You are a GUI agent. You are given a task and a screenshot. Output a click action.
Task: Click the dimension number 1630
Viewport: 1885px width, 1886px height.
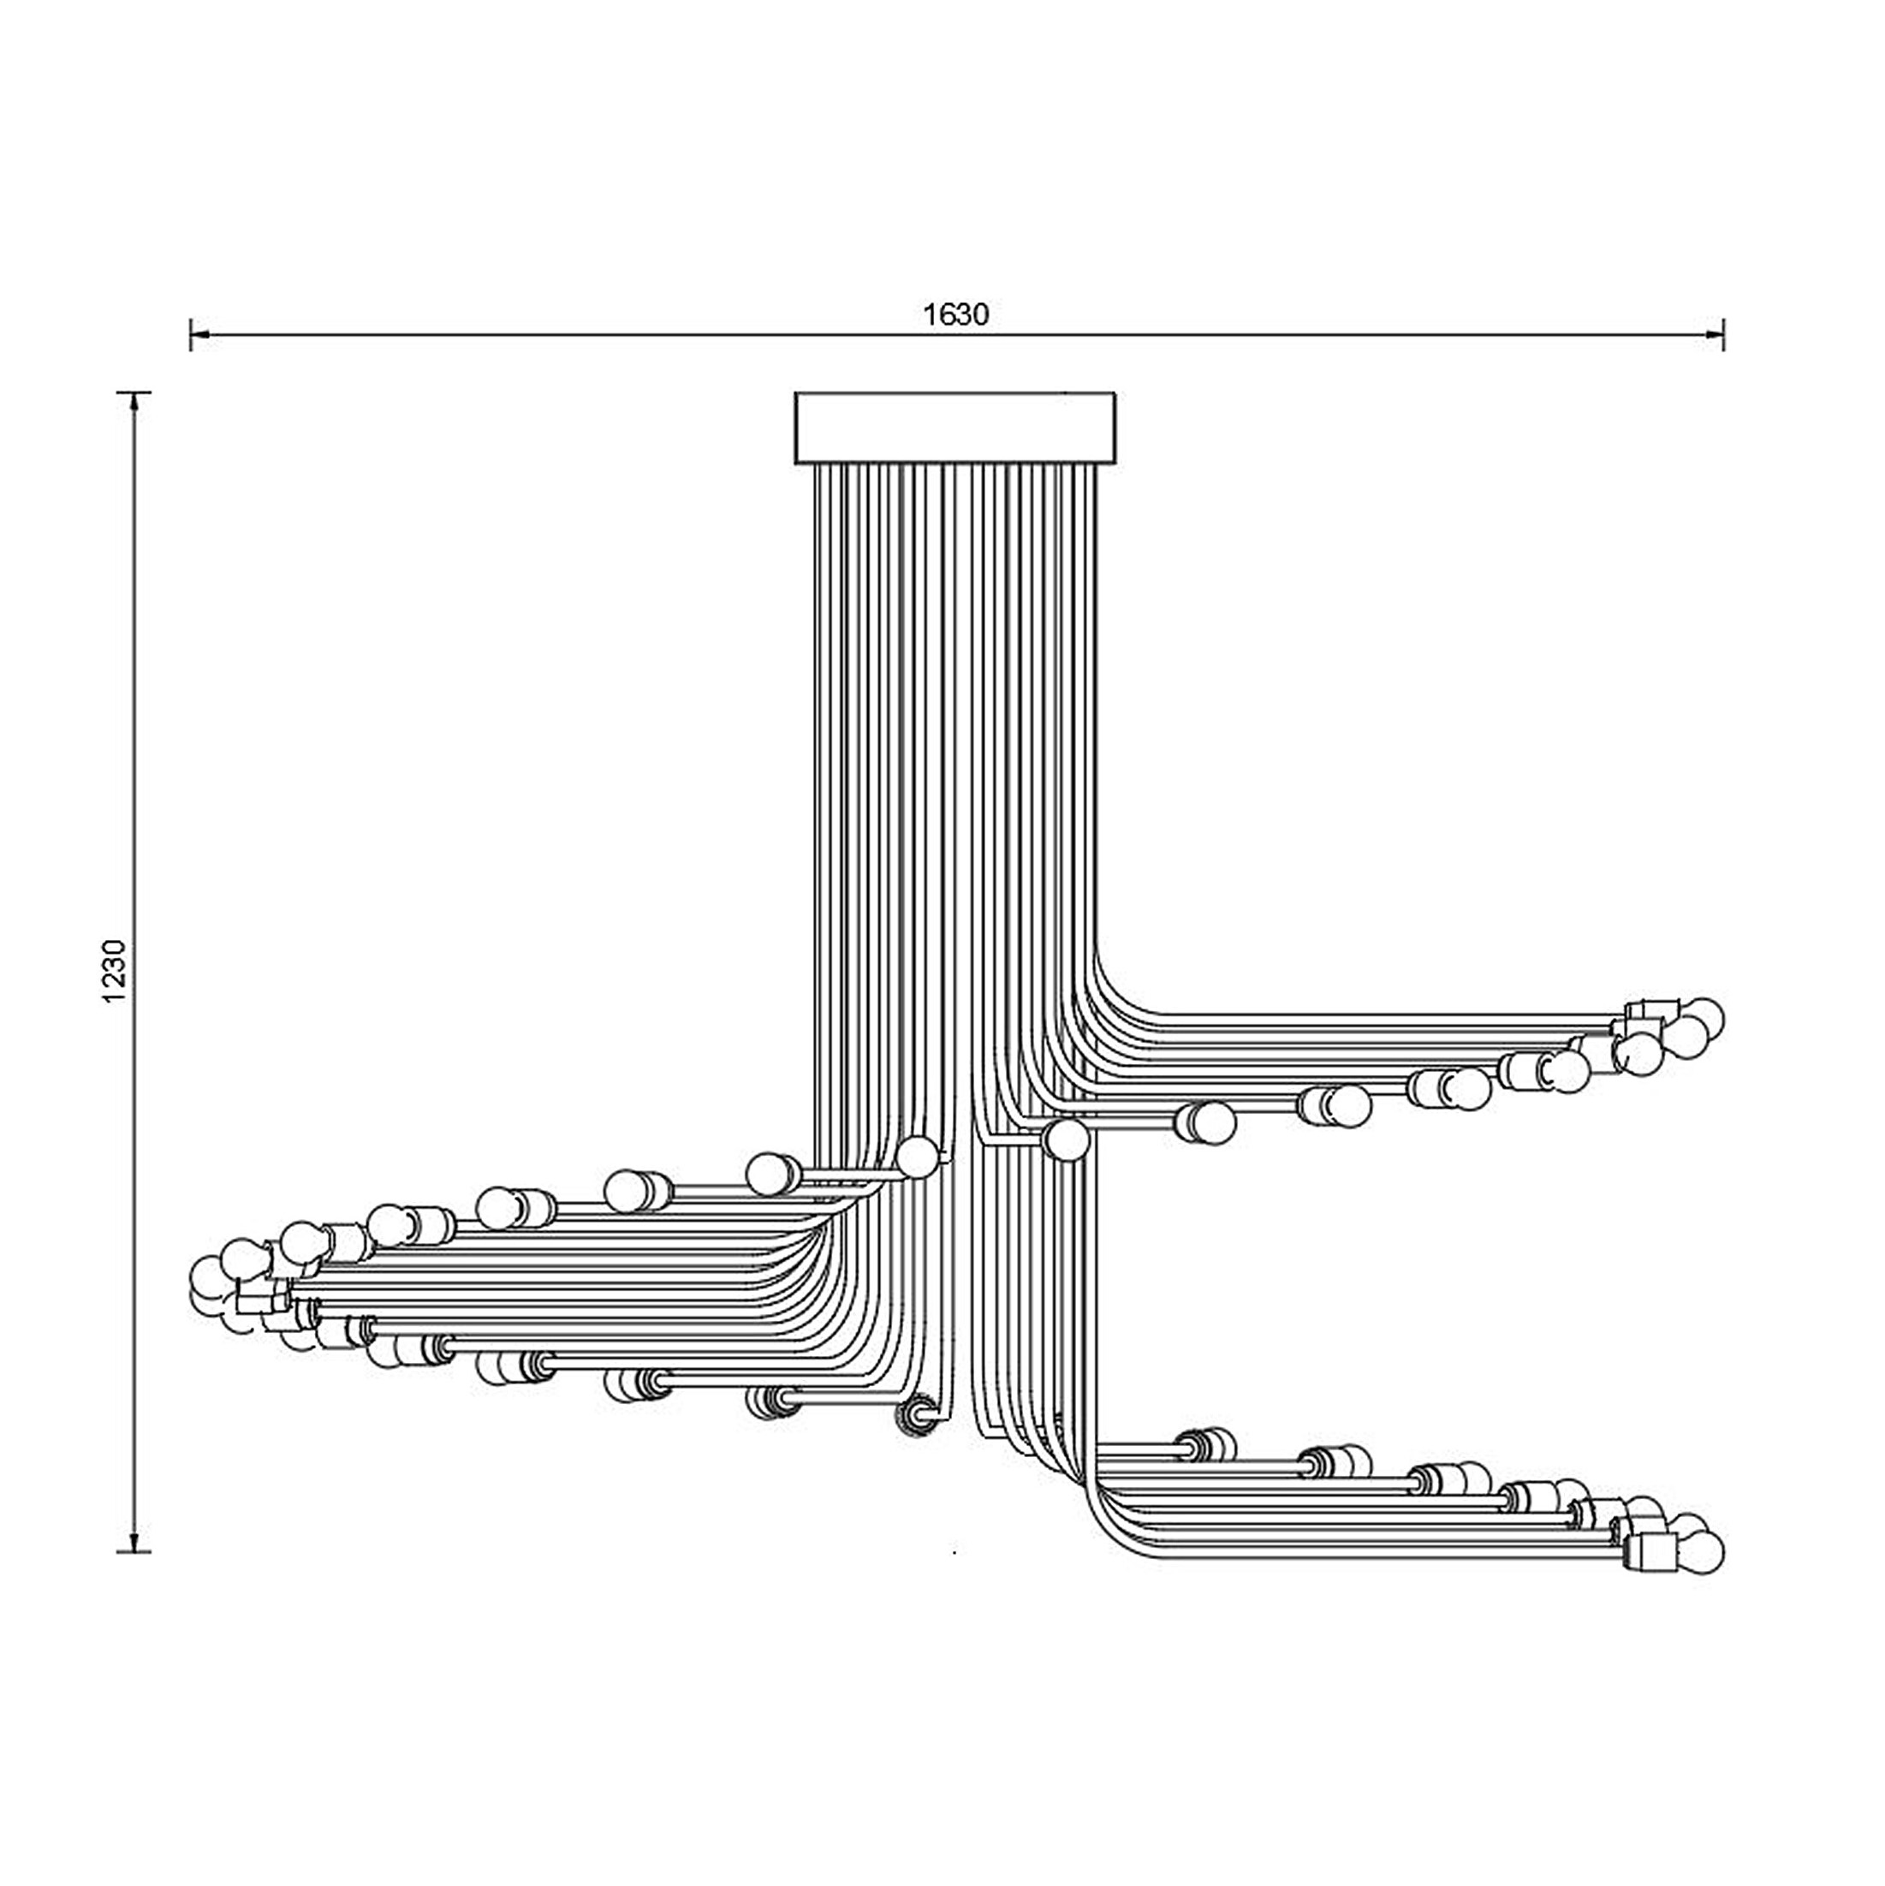coord(955,314)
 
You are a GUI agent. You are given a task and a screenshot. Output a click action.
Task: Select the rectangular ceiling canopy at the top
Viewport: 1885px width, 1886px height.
coord(954,427)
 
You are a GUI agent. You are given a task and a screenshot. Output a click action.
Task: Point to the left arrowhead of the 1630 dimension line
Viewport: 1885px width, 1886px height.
coord(199,335)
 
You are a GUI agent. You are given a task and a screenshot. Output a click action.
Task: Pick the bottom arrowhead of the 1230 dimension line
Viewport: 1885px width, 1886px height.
coord(134,1541)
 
